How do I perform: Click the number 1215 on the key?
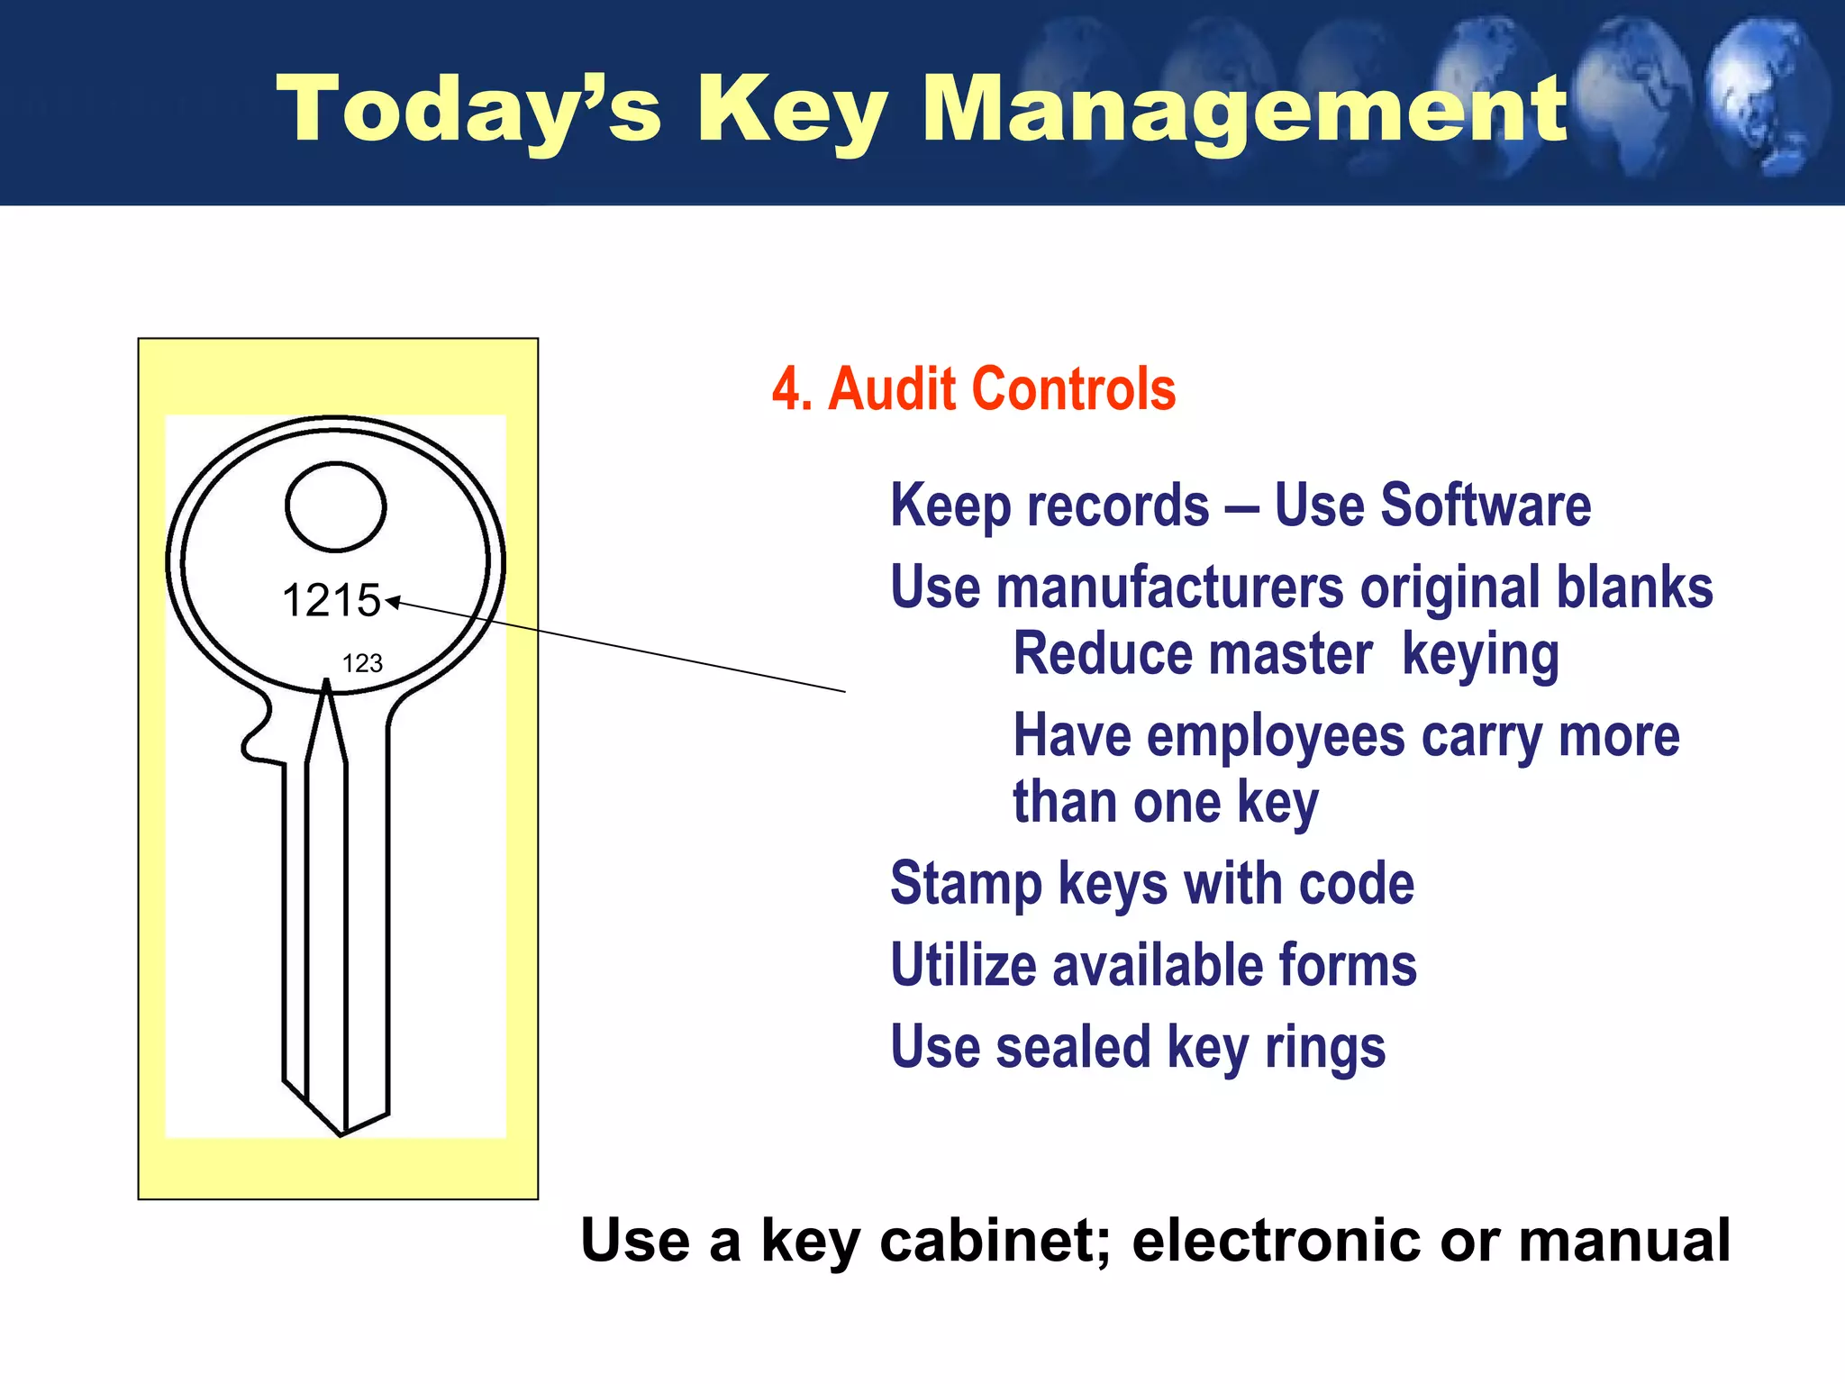[331, 600]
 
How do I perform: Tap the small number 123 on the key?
[362, 663]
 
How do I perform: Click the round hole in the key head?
[336, 506]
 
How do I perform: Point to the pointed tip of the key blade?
[341, 1133]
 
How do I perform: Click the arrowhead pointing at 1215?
[392, 602]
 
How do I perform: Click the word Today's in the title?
[468, 110]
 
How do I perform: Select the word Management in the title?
[1244, 110]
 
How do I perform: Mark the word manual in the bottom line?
[1623, 1240]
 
